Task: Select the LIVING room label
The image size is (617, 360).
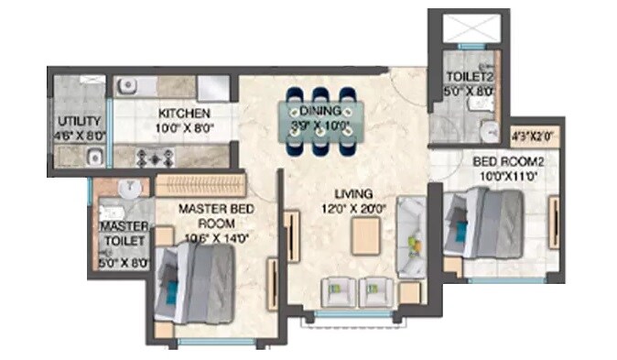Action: pyautogui.click(x=352, y=193)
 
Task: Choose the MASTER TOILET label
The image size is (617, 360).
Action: pyautogui.click(x=124, y=234)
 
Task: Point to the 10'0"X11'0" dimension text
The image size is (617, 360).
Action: pyautogui.click(x=497, y=174)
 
